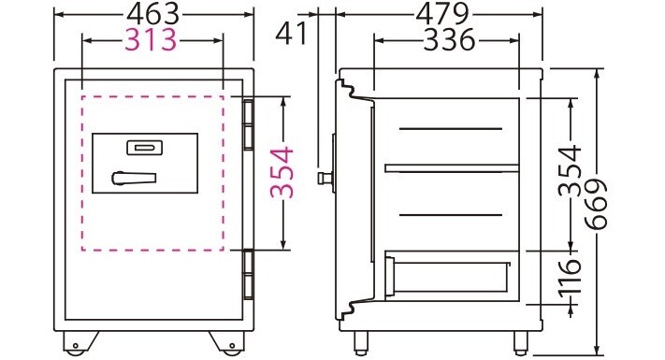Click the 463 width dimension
coord(153,14)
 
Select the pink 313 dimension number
coord(151,40)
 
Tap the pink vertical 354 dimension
coord(282,172)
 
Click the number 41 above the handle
coord(291,34)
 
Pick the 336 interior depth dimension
coord(450,40)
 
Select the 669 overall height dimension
coord(596,205)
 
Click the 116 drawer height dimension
coord(570,279)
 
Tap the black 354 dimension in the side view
coord(570,170)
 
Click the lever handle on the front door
coord(134,178)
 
